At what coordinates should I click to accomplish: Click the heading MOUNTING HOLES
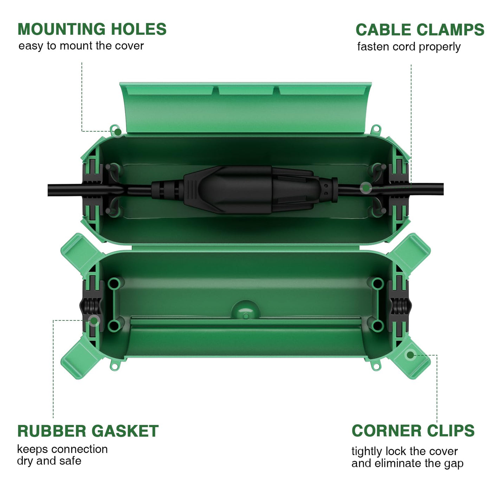[92, 29]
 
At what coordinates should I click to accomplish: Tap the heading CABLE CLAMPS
[420, 30]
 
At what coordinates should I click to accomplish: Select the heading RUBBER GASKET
[88, 431]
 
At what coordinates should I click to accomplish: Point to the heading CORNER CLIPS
[413, 431]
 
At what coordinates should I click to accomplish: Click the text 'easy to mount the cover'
[81, 46]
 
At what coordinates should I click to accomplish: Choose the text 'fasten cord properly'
[409, 47]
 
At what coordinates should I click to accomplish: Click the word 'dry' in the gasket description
[25, 461]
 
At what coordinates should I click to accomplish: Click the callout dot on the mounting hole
[118, 132]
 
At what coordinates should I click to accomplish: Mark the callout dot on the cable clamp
[366, 188]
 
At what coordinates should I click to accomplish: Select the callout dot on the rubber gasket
[94, 321]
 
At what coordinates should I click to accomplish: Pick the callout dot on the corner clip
[410, 355]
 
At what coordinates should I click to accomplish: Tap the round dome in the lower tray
[245, 310]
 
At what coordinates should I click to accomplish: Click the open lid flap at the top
[245, 108]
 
